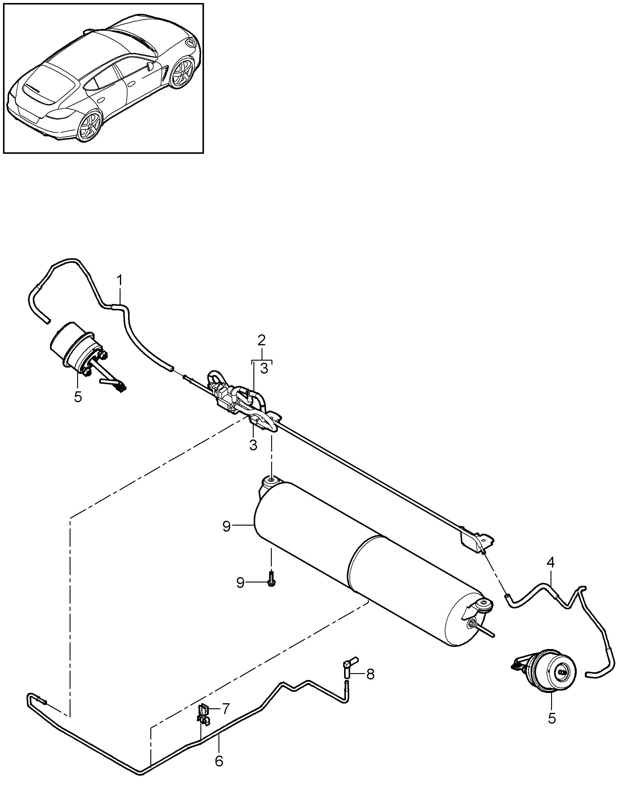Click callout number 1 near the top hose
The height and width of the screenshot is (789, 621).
click(120, 281)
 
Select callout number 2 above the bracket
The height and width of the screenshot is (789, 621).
click(262, 341)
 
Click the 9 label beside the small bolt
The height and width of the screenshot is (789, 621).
click(240, 583)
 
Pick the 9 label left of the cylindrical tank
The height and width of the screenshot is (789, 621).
click(227, 527)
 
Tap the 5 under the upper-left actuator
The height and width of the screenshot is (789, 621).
click(78, 397)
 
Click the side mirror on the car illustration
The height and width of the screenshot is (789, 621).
click(149, 66)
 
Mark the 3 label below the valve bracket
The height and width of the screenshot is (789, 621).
click(253, 445)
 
